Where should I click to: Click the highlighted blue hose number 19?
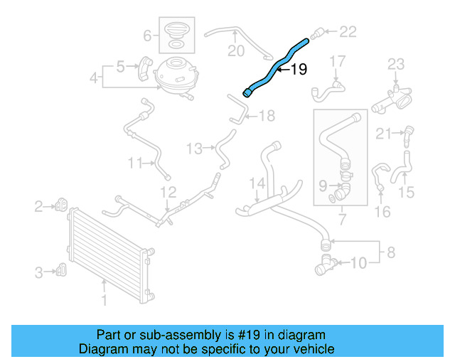pos(274,68)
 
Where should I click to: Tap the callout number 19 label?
pos(299,70)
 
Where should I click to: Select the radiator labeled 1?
pos(107,252)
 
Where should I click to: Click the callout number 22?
pos(348,31)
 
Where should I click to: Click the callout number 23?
pos(395,65)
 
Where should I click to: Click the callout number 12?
pos(168,191)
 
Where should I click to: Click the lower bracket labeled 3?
pos(62,269)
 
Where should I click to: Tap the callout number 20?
pos(235,50)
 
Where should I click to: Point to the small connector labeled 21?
pos(409,132)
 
